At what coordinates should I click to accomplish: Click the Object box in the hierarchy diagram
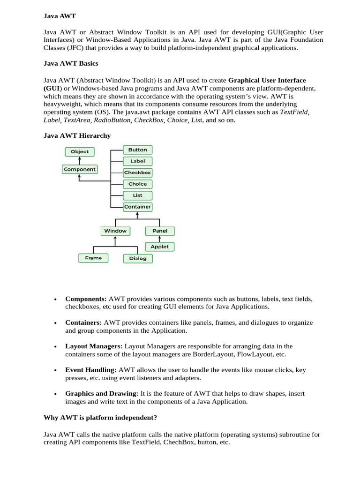coord(79,151)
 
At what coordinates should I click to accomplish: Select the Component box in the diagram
coord(80,169)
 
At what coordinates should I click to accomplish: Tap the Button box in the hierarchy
coord(137,150)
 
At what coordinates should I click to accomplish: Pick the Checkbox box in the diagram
coord(137,172)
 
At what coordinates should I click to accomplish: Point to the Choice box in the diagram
coord(137,184)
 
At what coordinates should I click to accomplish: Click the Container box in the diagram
coord(137,206)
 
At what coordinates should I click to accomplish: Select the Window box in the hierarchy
coord(115,231)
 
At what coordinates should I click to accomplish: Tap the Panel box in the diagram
coord(160,231)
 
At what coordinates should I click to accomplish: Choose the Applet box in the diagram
coord(160,246)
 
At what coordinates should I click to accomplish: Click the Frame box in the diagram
coord(93,258)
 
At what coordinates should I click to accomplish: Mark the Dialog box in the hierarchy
coord(138,258)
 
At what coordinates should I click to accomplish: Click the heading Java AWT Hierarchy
coord(77,135)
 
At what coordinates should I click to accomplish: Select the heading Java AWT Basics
coord(71,63)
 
